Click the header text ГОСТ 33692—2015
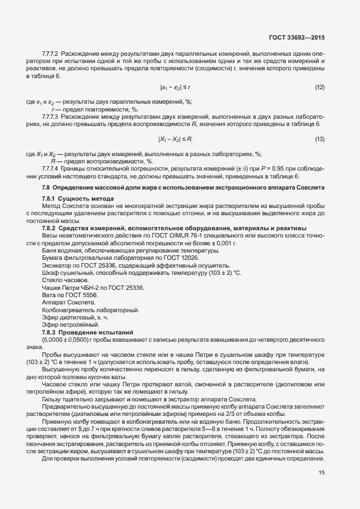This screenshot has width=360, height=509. [x=296, y=37]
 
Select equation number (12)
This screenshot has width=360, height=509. [x=320, y=88]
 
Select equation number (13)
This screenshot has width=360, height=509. [x=320, y=139]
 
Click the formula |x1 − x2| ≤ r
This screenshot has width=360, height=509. [x=175, y=88]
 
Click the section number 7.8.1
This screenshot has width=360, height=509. [x=48, y=199]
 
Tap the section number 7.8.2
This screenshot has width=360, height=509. [x=48, y=228]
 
